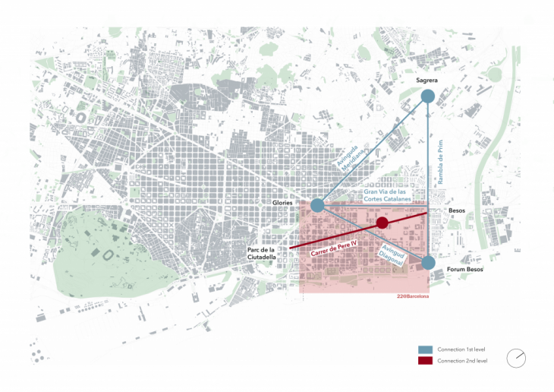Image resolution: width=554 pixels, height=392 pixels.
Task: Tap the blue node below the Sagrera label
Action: coord(428,96)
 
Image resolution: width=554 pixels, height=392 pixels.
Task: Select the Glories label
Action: coord(283,203)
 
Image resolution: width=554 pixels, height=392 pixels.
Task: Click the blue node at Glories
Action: coord(318,204)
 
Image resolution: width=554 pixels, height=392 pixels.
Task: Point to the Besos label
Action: coord(456,210)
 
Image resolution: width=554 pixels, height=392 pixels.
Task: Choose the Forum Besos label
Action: coord(464,269)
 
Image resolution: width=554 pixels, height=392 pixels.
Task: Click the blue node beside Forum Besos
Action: coord(429,263)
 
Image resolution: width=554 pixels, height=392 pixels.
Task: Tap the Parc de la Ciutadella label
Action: coord(262,254)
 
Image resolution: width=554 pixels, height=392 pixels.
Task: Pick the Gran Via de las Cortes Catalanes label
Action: coord(387,195)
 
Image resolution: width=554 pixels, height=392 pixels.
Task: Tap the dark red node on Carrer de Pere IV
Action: coord(382,222)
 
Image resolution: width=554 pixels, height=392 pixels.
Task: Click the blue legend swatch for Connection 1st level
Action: coord(426,349)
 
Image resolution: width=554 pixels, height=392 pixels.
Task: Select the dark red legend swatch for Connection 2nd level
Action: coord(426,360)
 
